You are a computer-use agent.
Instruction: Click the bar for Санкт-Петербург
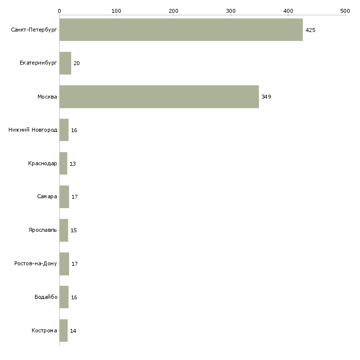(181, 30)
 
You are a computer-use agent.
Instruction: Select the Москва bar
(159, 97)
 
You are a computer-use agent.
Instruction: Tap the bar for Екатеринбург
(65, 63)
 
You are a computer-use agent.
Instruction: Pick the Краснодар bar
(63, 163)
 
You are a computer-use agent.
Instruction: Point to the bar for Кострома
(64, 330)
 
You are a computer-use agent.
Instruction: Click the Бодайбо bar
(64, 297)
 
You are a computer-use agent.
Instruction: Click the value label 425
(310, 30)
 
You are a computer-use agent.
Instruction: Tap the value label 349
(266, 97)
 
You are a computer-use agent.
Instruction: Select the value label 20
(76, 63)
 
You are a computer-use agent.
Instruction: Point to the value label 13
(73, 164)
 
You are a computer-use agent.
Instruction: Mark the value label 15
(73, 230)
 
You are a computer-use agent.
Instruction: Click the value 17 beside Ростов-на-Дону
(74, 264)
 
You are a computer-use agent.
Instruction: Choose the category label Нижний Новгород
(33, 130)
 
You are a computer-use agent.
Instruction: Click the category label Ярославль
(43, 230)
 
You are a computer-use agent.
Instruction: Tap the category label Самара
(47, 197)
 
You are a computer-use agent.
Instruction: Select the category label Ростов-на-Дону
(36, 263)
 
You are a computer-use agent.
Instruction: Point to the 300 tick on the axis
(231, 11)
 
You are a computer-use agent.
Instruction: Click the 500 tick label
(345, 11)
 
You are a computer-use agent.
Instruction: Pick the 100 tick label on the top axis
(116, 11)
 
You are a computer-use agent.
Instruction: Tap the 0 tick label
(60, 11)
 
